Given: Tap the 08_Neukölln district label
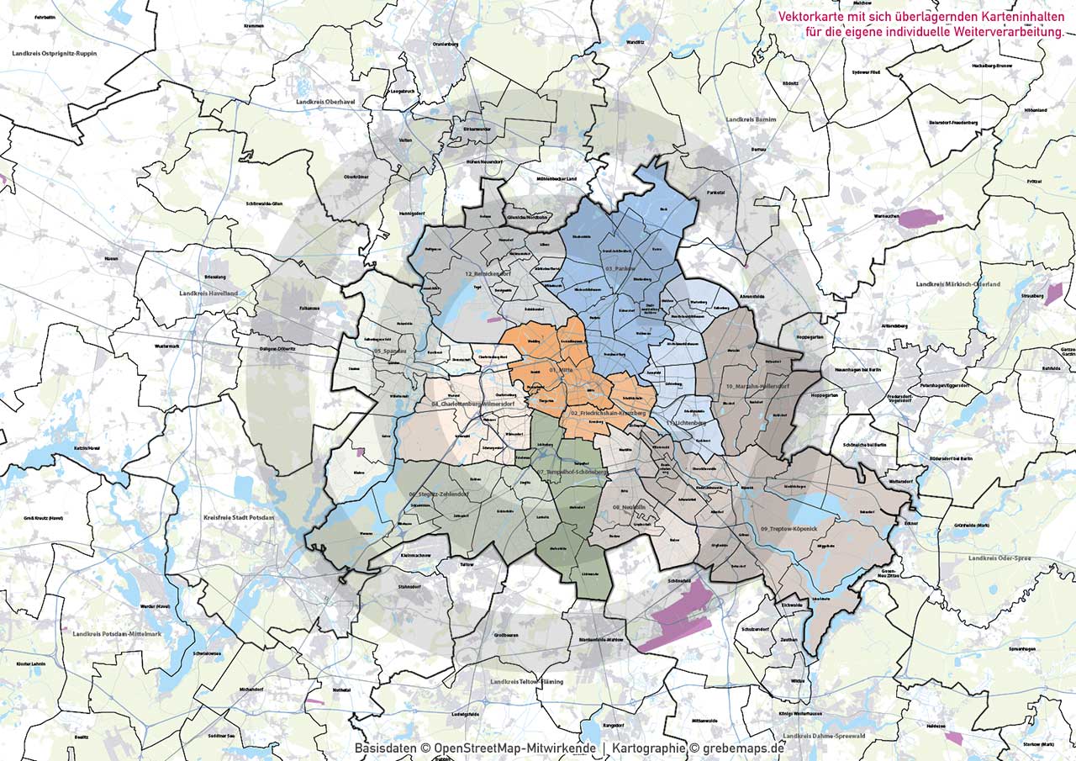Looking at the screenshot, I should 628,507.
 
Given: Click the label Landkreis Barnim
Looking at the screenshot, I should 750,119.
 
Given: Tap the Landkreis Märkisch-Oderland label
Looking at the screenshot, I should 957,284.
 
